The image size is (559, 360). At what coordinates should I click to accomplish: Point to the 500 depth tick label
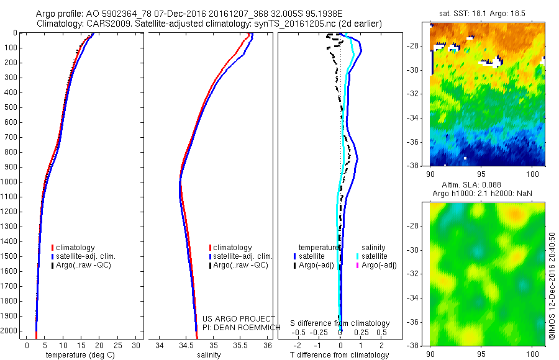pos(11,107)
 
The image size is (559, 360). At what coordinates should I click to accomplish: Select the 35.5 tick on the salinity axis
pos(240,345)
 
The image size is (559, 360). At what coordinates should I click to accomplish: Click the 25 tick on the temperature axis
pos(118,345)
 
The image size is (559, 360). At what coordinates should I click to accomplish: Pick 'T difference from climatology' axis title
pos(340,355)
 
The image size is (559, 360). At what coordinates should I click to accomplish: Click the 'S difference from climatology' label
pos(340,323)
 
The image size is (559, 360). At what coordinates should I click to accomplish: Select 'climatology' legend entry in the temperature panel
pos(76,248)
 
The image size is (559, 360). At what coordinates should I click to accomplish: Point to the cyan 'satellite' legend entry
pos(375,256)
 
